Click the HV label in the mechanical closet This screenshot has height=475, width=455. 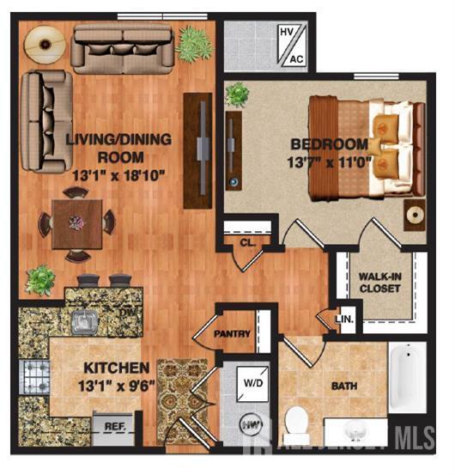click(x=287, y=33)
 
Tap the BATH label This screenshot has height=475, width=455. click(x=344, y=386)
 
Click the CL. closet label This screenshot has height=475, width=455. click(x=246, y=242)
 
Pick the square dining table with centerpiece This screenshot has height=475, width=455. click(x=78, y=222)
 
